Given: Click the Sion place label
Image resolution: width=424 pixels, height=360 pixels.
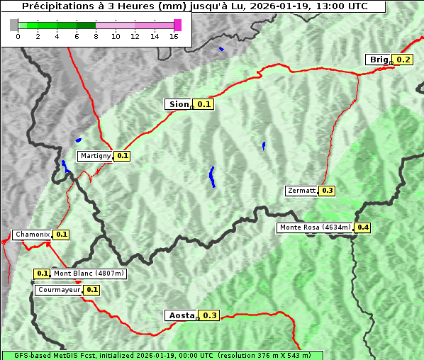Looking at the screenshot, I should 177,104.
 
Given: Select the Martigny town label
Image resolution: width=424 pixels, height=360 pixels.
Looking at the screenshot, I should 95,156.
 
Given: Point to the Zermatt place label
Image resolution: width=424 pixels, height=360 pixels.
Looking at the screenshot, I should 301,191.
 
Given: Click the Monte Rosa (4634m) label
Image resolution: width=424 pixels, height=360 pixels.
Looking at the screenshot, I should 315,227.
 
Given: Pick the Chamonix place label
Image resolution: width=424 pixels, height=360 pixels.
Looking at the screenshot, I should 32,235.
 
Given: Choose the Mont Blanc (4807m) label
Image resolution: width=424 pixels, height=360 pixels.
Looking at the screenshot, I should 89,273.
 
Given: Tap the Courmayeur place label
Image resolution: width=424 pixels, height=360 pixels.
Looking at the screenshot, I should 58,290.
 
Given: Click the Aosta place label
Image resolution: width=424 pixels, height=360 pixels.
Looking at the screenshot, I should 180,315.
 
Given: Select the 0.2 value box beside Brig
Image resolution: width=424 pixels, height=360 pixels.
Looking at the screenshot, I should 403,60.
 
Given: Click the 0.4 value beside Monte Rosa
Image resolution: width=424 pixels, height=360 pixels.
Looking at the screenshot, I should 363,227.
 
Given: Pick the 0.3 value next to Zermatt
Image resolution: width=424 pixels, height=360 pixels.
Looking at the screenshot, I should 327,191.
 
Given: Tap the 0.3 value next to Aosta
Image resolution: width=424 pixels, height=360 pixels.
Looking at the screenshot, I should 210,315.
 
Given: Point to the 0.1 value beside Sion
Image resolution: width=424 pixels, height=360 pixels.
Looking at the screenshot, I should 204,104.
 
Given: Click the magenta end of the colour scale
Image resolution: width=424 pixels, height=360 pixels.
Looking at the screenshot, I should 177,25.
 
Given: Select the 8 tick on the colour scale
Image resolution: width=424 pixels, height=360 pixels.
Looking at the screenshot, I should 96,36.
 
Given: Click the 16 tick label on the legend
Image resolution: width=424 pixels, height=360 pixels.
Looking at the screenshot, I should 174,36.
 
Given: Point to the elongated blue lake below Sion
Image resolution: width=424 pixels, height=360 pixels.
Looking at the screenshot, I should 212,176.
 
